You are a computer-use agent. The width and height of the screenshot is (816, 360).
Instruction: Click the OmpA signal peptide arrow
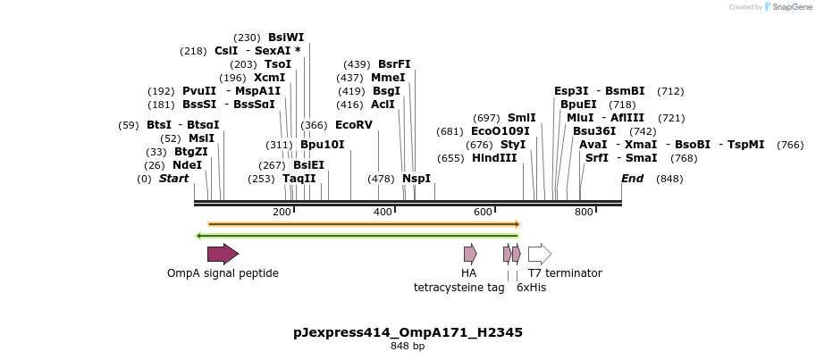click(x=223, y=254)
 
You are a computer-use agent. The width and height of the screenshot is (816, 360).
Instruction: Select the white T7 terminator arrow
click(x=539, y=254)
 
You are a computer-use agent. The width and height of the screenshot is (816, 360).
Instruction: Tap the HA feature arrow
click(x=469, y=254)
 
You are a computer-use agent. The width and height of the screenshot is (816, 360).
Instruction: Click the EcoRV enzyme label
click(x=353, y=125)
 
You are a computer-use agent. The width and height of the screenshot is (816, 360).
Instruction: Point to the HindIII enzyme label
click(x=494, y=158)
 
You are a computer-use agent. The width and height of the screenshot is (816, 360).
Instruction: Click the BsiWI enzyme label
click(x=286, y=38)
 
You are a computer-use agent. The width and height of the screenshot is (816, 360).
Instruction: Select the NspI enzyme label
click(x=416, y=179)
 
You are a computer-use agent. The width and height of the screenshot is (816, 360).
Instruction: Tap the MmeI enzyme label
click(x=388, y=78)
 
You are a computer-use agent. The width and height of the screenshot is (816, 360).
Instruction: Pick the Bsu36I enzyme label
click(x=594, y=131)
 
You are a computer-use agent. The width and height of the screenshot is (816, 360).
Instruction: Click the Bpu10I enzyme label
click(x=322, y=145)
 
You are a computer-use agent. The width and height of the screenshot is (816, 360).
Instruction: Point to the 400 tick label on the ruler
click(x=383, y=212)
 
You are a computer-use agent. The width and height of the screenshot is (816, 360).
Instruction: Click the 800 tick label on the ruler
click(x=584, y=212)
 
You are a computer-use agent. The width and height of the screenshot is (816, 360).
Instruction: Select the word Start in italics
click(x=173, y=179)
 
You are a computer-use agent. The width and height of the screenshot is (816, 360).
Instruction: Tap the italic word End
click(x=632, y=179)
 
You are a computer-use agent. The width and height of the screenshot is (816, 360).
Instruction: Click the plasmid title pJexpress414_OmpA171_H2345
click(x=408, y=332)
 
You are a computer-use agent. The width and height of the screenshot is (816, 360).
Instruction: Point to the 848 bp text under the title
click(x=408, y=346)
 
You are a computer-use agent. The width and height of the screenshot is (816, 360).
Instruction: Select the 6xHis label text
click(x=531, y=288)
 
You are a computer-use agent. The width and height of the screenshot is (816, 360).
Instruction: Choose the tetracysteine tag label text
click(x=458, y=288)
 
